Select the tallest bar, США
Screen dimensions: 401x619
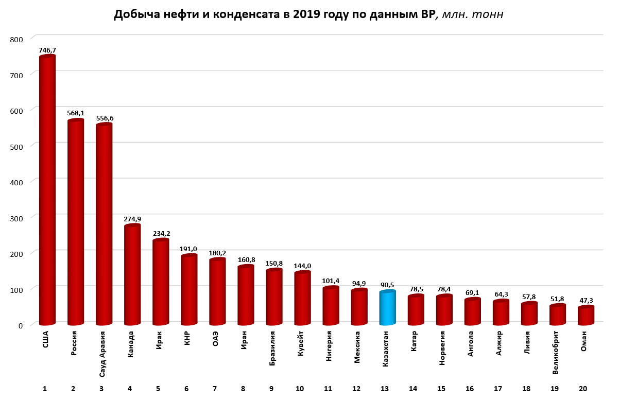[x=47, y=190]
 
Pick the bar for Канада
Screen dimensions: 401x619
[x=132, y=275]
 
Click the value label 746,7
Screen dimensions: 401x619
[x=47, y=50]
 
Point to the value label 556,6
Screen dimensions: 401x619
[x=105, y=118]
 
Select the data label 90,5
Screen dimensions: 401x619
[x=387, y=284]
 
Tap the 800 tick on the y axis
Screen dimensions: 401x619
[x=16, y=39]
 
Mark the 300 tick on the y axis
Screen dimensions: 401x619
[x=16, y=218]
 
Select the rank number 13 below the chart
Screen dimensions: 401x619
[x=387, y=389]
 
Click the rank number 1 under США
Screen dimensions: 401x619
[x=45, y=389]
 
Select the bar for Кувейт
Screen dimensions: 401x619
[x=302, y=299]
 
